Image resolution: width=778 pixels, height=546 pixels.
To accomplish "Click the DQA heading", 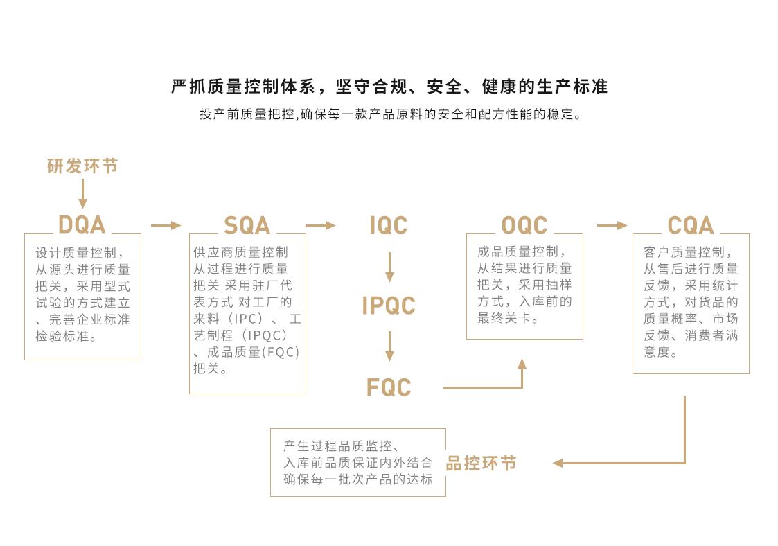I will [82, 225].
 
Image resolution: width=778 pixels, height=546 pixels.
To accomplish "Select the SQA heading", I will [247, 226].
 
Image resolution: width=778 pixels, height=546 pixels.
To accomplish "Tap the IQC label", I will [389, 226].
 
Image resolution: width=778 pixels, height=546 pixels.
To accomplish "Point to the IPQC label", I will [389, 306].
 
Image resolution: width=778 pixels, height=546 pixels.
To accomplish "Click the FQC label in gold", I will [389, 387].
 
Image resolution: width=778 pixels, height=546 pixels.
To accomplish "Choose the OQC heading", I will [524, 225].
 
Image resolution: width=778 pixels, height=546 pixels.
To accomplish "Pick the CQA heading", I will [691, 225].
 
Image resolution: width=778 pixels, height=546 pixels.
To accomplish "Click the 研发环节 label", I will [83, 166].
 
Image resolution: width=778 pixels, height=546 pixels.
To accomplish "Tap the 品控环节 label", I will [481, 464].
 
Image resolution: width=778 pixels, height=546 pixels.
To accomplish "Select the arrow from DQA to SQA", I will [166, 225].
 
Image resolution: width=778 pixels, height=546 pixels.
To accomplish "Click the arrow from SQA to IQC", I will [320, 225].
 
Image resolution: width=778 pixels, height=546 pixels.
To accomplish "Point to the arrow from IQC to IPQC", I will [389, 267].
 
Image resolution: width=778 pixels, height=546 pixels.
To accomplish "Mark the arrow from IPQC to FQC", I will [389, 346].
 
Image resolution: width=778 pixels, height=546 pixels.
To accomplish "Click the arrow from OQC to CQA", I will [612, 225].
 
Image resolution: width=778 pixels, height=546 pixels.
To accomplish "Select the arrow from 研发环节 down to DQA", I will [83, 193].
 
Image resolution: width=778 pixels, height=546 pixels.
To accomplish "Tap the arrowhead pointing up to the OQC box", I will [522, 363].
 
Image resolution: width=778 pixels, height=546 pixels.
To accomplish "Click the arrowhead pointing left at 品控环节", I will [557, 463].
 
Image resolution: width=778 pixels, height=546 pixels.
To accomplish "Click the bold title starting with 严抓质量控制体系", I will [389, 87].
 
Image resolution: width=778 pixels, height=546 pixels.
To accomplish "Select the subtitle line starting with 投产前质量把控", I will [389, 114].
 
